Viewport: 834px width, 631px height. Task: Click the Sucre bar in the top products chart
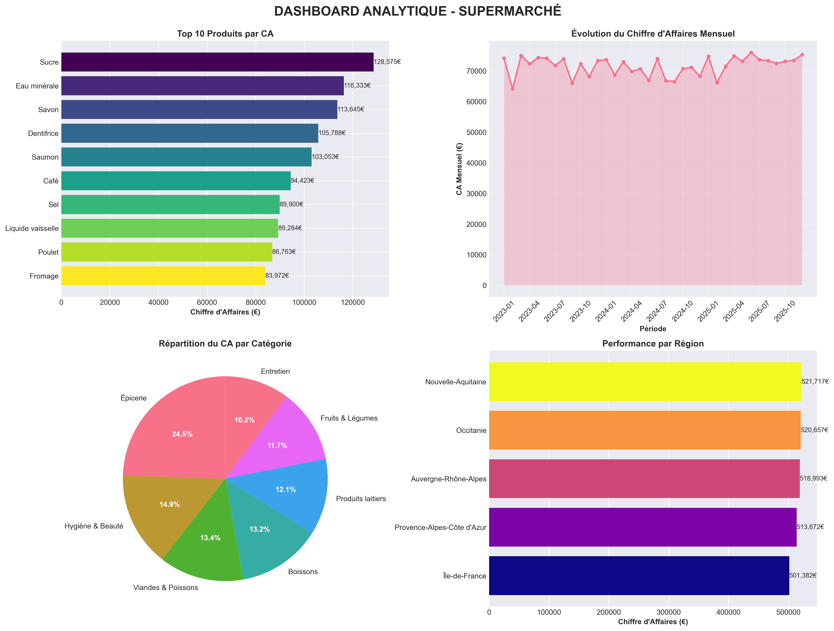click(217, 62)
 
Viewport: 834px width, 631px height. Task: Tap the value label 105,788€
click(332, 133)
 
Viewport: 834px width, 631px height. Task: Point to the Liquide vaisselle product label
click(32, 228)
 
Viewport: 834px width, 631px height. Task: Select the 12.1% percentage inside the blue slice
click(285, 490)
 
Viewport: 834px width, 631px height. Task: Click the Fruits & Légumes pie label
click(349, 418)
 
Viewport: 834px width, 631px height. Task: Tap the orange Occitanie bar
click(645, 430)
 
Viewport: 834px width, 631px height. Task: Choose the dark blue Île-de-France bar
click(639, 576)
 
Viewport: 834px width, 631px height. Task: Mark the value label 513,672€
click(810, 527)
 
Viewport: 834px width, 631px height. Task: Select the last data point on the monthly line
click(802, 55)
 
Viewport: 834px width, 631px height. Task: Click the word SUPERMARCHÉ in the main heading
click(510, 11)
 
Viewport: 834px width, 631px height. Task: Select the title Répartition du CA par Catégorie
click(225, 344)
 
